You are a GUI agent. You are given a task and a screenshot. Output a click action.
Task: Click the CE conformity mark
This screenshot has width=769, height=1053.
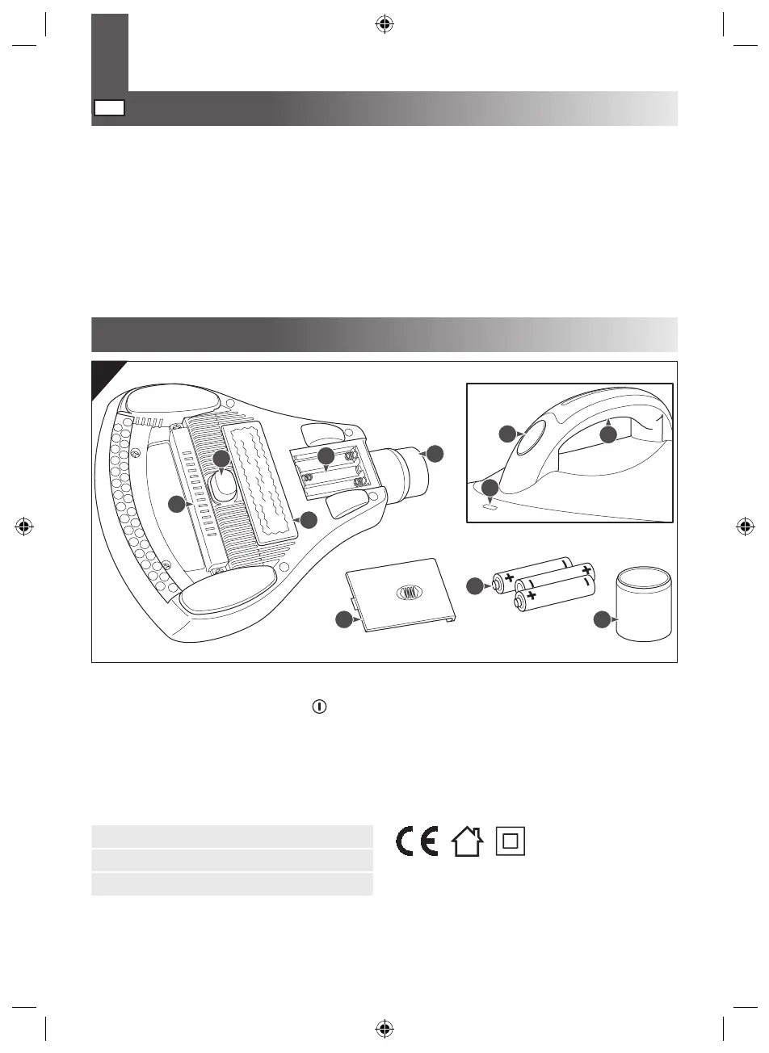pyautogui.click(x=417, y=841)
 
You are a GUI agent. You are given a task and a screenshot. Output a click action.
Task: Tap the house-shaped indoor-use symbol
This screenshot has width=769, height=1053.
pyautogui.click(x=468, y=841)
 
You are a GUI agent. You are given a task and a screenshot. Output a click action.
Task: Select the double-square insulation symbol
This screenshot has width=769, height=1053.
pyautogui.click(x=509, y=841)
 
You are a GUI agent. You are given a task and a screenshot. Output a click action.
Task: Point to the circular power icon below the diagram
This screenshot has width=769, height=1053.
pyautogui.click(x=320, y=705)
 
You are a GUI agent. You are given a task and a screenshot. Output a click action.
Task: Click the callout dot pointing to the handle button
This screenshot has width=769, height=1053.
pyautogui.click(x=507, y=434)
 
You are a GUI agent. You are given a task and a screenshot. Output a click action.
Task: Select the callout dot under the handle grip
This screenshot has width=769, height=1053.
pyautogui.click(x=608, y=434)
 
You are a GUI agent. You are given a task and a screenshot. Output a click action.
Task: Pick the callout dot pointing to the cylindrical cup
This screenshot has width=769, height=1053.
pyautogui.click(x=602, y=620)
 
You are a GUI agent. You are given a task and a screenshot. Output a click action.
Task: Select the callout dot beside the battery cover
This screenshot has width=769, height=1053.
pyautogui.click(x=345, y=620)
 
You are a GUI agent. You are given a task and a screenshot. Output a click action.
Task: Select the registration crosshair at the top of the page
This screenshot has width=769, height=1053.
pyautogui.click(x=384, y=24)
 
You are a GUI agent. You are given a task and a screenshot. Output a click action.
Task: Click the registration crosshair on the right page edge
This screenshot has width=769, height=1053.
pyautogui.click(x=745, y=526)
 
